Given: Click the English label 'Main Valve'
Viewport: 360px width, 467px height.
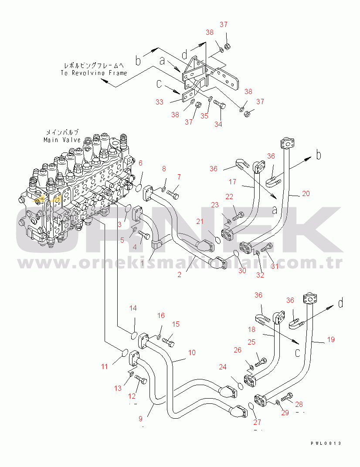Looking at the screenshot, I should coord(62,140).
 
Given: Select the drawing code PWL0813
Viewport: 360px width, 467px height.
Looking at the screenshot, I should coord(326,443).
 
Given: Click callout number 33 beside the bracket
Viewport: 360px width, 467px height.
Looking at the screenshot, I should coord(160,102).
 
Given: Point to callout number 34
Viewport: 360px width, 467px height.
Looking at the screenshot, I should coord(218,124).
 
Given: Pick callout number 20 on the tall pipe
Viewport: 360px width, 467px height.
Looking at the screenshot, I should coord(306,193).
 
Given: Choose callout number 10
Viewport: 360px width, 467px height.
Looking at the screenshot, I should coord(191,352).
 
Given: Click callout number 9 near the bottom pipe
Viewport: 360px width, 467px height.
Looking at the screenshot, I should coord(141,419).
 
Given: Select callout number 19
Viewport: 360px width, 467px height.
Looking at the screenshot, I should coord(331,340).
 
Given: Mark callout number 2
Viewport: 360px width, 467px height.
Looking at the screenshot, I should coord(179,275).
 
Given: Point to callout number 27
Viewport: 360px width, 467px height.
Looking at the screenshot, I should coord(257,422).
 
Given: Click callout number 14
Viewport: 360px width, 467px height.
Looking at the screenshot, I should coord(133,308).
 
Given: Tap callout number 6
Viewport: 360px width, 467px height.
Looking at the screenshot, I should coord(140,163).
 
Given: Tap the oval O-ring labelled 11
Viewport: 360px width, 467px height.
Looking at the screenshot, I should coord(124,352).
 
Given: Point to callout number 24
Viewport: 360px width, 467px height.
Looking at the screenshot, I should coord(223,367).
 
